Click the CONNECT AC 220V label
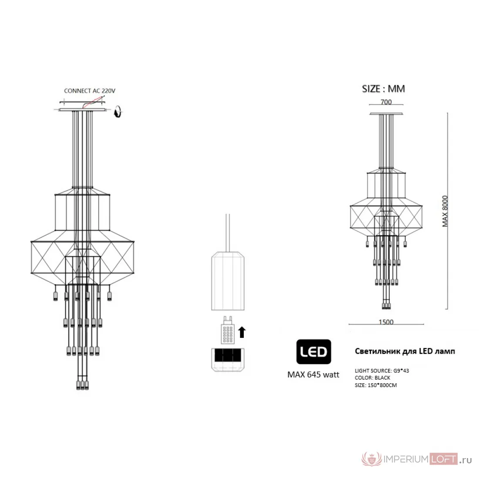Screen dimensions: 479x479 (x=90, y=91)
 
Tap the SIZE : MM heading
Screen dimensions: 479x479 (x=383, y=88)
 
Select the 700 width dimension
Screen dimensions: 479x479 (x=386, y=102)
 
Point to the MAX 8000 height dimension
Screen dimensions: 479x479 (x=445, y=211)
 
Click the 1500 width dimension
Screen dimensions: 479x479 (x=386, y=322)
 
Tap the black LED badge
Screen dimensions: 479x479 (x=314, y=351)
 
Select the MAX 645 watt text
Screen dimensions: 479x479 (x=313, y=374)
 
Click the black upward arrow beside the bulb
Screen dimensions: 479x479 (x=242, y=332)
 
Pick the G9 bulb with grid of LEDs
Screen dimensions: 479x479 (x=228, y=330)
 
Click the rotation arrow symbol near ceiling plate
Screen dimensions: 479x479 (x=118, y=111)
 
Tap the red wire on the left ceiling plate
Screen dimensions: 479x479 (x=92, y=102)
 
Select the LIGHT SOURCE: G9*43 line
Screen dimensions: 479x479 (x=381, y=371)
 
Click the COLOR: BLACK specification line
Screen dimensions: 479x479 (x=372, y=378)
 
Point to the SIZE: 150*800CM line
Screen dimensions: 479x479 (x=376, y=385)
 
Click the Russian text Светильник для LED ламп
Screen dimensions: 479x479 (x=405, y=351)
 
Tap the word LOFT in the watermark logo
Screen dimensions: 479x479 (x=443, y=459)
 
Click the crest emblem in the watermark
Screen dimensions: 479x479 (x=371, y=459)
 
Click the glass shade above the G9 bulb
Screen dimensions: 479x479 (x=228, y=281)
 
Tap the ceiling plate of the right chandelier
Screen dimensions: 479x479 (x=386, y=114)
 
